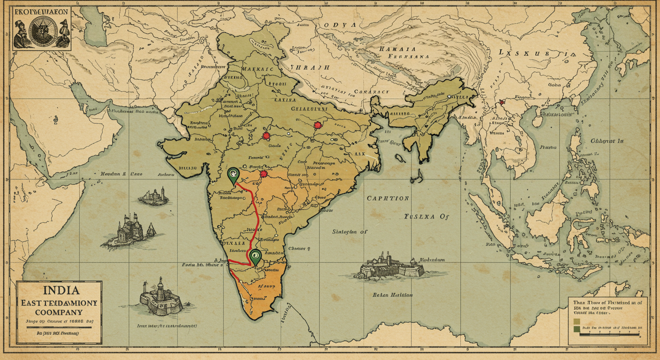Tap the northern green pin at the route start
tap(232, 174)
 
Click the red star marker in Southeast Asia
tap(502, 102)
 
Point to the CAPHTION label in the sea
tap(388, 198)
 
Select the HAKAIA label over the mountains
tap(397, 48)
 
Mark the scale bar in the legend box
tap(609, 334)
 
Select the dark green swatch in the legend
tap(576, 330)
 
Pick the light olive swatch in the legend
tap(576, 321)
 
